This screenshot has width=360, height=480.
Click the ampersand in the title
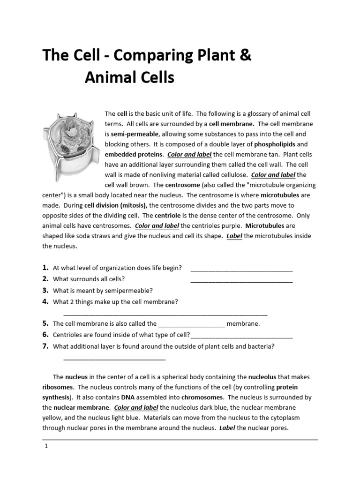[x=245, y=56]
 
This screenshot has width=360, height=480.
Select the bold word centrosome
[x=182, y=185]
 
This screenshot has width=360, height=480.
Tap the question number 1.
[x=45, y=268]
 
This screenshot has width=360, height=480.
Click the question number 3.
[x=45, y=290]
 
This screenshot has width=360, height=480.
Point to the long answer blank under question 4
[x=165, y=314]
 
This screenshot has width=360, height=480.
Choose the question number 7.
[x=45, y=346]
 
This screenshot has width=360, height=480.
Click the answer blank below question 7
[x=114, y=359]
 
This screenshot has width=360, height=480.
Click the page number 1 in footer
[x=46, y=446]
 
